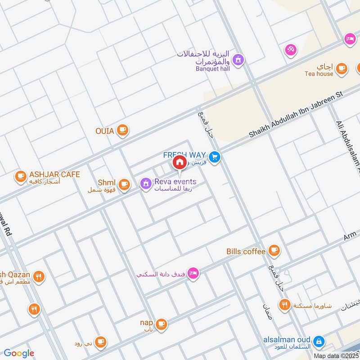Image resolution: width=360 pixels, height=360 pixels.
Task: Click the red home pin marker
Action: [x=180, y=162]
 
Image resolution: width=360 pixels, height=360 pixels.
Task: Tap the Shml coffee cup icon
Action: [x=124, y=184]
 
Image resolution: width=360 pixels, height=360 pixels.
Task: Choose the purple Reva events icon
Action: [x=145, y=183]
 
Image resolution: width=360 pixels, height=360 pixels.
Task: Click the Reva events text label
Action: [x=175, y=181]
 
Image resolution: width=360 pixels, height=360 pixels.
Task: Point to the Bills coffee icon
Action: [x=274, y=250]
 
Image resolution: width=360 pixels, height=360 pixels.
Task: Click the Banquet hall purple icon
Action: [x=238, y=59]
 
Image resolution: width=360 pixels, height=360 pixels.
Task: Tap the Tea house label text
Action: [x=319, y=74]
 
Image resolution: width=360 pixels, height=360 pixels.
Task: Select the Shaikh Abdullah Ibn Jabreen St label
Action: [x=296, y=115]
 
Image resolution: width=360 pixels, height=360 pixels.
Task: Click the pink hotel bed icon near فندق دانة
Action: [x=193, y=273]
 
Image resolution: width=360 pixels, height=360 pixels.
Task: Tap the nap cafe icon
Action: [x=161, y=324]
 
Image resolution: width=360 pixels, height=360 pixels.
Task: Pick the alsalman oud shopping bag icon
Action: [x=319, y=341]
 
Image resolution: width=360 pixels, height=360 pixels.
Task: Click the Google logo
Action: [x=19, y=353]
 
